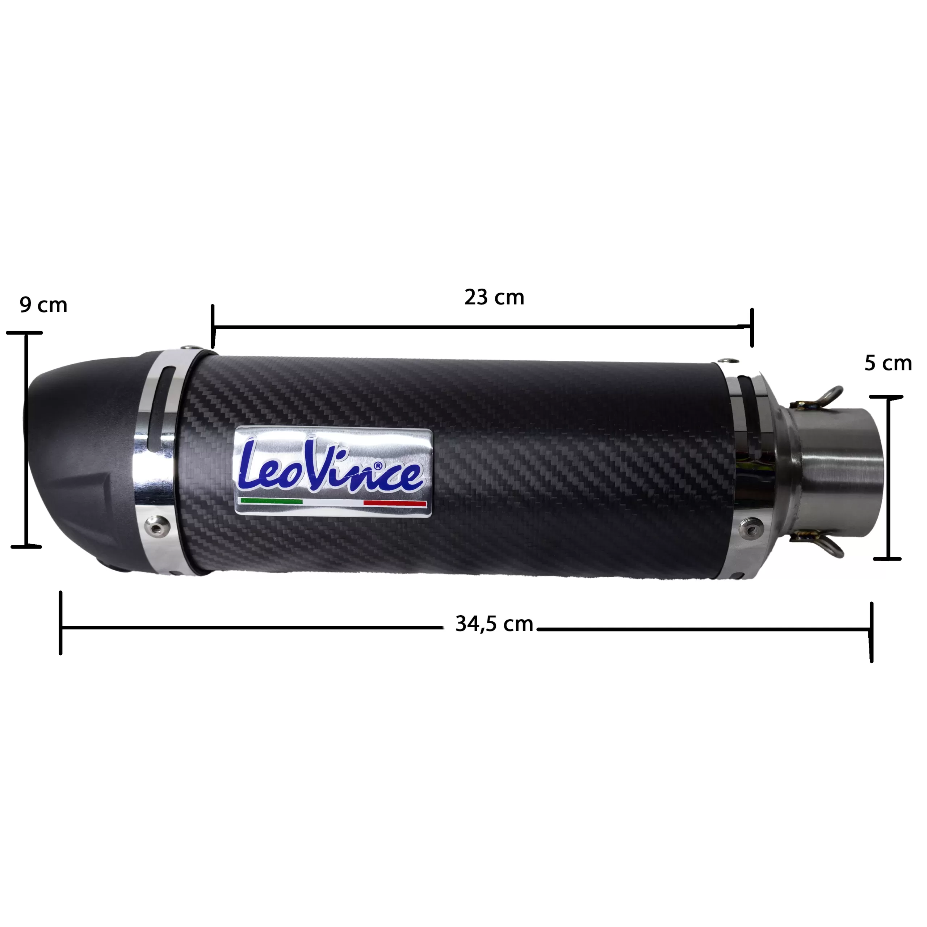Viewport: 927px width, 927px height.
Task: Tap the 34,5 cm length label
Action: [x=494, y=624]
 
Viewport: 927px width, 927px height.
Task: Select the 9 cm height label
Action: [x=43, y=305]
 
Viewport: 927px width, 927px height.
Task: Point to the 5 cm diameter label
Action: [x=888, y=363]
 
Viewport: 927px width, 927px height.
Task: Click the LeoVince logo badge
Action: [x=334, y=472]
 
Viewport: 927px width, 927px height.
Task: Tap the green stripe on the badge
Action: [x=272, y=501]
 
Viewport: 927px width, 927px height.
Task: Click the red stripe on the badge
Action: [x=395, y=503]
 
